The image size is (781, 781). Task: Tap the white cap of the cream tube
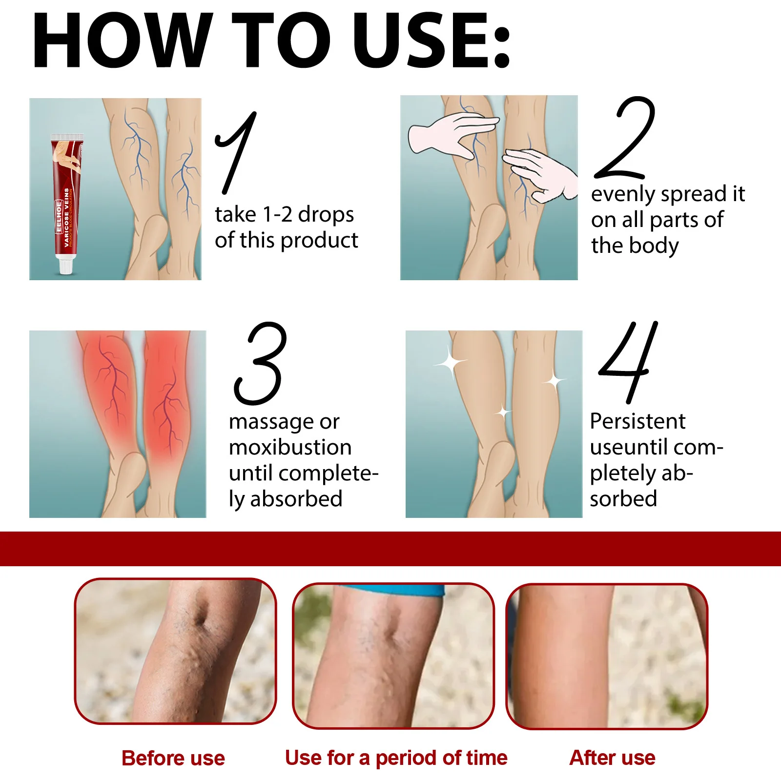tap(66, 265)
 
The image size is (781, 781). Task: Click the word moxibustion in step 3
tap(290, 448)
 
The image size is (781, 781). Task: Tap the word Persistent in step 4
tap(637, 421)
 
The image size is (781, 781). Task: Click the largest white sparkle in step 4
tap(451, 363)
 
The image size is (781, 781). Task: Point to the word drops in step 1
tap(326, 214)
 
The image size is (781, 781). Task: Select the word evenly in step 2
tap(623, 194)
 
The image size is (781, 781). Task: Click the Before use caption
tap(173, 758)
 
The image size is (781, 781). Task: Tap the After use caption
tap(612, 758)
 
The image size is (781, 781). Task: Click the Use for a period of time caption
tap(396, 758)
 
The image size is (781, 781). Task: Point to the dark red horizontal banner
tap(390, 549)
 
